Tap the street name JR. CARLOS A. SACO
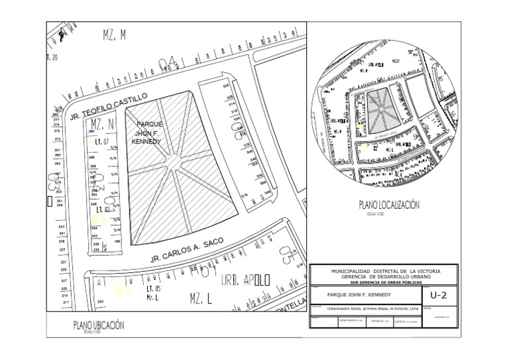coord(185,250)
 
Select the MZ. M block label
coord(114,35)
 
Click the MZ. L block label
coord(200,298)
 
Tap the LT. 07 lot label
coord(101,142)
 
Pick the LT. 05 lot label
coord(152,289)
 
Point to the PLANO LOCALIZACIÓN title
coord(389,206)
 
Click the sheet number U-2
coord(439,295)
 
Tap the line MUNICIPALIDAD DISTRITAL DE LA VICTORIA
coord(384,272)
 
